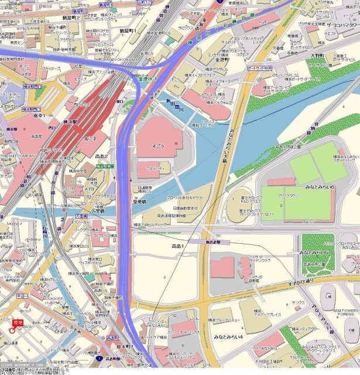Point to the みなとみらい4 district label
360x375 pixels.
tap(228, 338)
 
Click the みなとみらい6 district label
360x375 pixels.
tap(320, 186)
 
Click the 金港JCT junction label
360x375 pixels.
tap(149, 78)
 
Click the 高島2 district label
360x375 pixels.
tap(103, 157)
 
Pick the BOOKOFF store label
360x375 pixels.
tap(54, 299)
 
